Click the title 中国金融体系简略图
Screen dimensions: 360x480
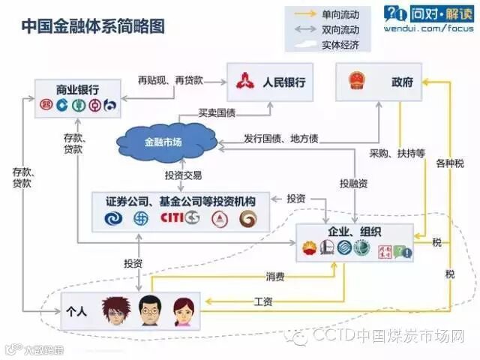[92, 25]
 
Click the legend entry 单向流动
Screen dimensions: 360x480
[340, 14]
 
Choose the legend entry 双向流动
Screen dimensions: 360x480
[340, 29]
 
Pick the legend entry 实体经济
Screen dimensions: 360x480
[340, 44]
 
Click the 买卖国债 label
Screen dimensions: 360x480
[217, 113]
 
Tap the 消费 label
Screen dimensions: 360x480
[274, 276]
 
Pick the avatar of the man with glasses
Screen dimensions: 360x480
[148, 310]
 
